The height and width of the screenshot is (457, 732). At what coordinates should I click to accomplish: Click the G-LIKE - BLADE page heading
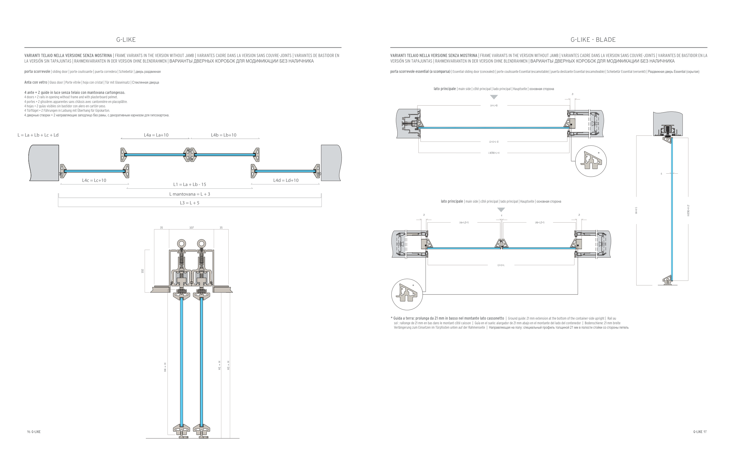click(593, 39)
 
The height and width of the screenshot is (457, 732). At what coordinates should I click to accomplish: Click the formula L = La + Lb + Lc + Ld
click(38, 135)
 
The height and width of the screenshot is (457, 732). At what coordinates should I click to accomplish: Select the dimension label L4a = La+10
click(156, 135)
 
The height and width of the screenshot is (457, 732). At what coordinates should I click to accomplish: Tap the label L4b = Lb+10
click(224, 135)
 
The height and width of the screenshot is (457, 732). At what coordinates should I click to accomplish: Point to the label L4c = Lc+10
click(94, 180)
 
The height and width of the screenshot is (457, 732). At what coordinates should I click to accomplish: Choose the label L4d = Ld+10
click(286, 180)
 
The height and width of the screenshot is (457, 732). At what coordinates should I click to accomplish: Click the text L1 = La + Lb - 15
click(190, 184)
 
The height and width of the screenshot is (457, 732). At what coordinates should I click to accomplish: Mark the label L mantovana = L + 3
click(189, 194)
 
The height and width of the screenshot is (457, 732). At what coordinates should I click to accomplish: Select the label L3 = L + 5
click(189, 203)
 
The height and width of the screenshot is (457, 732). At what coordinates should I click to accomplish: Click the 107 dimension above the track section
click(191, 227)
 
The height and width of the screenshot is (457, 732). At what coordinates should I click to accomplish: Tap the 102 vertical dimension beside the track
click(143, 271)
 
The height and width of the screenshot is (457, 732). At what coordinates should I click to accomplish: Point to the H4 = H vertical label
click(165, 367)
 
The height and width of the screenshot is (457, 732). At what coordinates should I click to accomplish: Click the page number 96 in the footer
click(29, 432)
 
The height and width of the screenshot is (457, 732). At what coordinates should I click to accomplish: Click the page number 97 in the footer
click(705, 432)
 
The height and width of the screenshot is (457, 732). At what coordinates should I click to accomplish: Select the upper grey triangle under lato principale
click(494, 97)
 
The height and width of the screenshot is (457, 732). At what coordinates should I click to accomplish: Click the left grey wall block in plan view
click(44, 163)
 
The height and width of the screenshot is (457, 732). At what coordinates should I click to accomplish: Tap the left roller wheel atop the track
click(182, 244)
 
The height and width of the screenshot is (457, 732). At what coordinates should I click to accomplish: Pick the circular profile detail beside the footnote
click(407, 294)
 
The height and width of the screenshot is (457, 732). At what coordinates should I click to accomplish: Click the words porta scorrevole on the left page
click(37, 72)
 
